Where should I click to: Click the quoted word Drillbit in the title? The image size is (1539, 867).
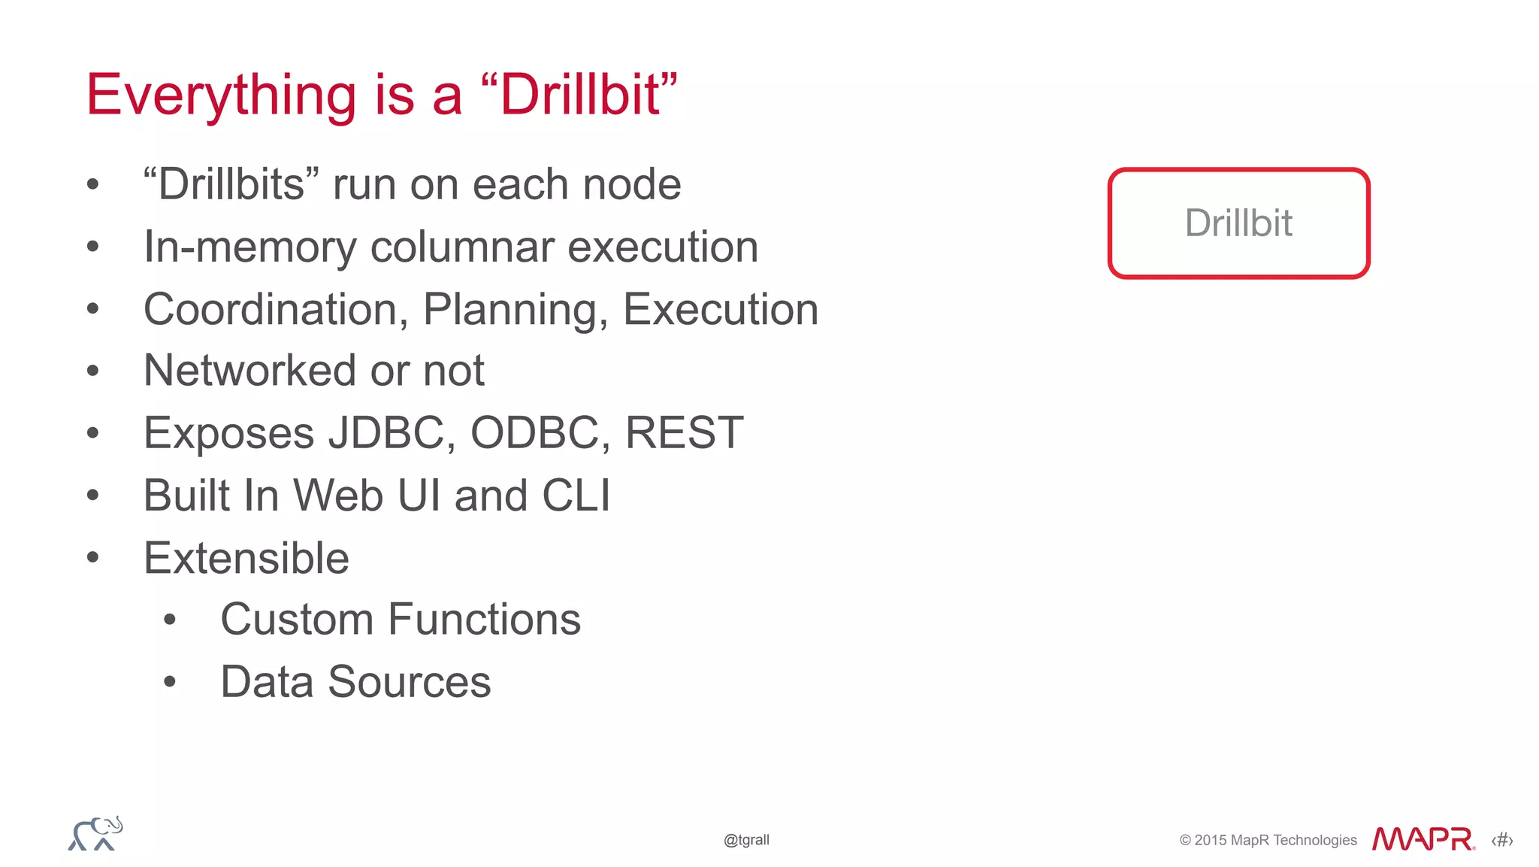click(x=579, y=95)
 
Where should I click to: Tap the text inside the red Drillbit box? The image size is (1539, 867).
click(x=1238, y=223)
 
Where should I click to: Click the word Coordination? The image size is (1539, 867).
click(x=276, y=309)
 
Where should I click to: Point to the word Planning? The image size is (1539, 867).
click(x=515, y=309)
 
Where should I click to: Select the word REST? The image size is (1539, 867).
click(x=684, y=433)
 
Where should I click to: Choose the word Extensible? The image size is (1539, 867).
click(x=246, y=558)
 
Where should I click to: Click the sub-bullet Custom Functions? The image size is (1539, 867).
click(x=401, y=620)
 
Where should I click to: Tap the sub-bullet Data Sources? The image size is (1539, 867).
click(x=355, y=682)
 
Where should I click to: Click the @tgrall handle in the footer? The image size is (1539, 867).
click(x=746, y=840)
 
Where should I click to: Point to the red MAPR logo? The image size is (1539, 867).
click(x=1423, y=839)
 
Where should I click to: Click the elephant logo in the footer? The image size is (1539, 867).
click(x=95, y=834)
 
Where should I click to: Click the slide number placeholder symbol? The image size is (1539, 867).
click(x=1502, y=840)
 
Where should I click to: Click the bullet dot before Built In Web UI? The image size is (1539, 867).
click(x=92, y=496)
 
